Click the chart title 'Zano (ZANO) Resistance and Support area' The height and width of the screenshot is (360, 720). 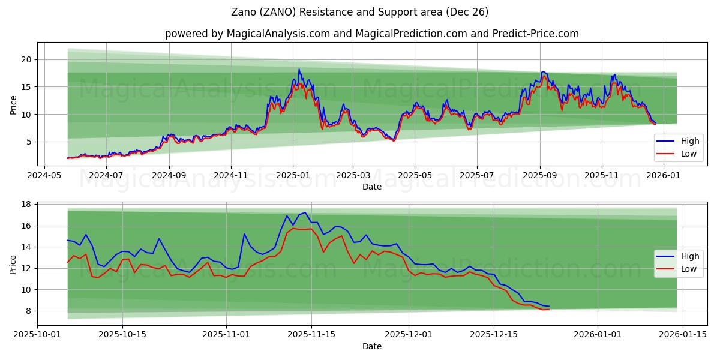[x=359, y=12]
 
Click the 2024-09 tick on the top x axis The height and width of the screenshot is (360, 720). [x=169, y=176]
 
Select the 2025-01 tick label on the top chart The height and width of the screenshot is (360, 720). [x=293, y=176]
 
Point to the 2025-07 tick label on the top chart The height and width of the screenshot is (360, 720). [x=476, y=176]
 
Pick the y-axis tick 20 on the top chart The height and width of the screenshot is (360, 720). [x=26, y=59]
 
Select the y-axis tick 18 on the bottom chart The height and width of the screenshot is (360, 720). [x=26, y=205]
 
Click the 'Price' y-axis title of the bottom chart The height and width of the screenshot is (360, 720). [x=13, y=264]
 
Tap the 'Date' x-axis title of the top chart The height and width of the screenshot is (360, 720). [x=372, y=187]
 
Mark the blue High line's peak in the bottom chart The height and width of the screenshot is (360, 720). [x=305, y=212]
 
